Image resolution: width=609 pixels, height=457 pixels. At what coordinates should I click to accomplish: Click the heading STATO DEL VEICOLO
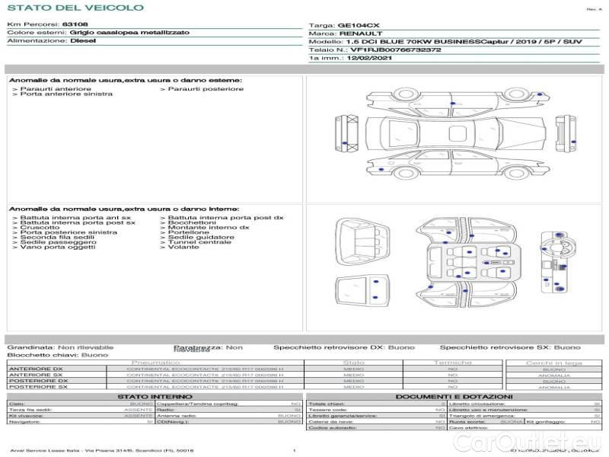75,8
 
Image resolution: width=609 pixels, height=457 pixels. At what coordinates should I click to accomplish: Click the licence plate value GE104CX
359,25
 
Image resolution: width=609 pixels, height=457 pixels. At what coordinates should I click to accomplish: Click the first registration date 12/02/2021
371,57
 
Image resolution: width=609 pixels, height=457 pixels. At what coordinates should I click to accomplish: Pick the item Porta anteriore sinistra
66,94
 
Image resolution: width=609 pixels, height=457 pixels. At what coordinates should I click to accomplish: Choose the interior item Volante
183,247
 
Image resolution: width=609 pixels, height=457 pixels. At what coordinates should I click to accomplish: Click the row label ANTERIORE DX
36,369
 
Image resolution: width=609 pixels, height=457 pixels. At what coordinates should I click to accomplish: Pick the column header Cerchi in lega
553,363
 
